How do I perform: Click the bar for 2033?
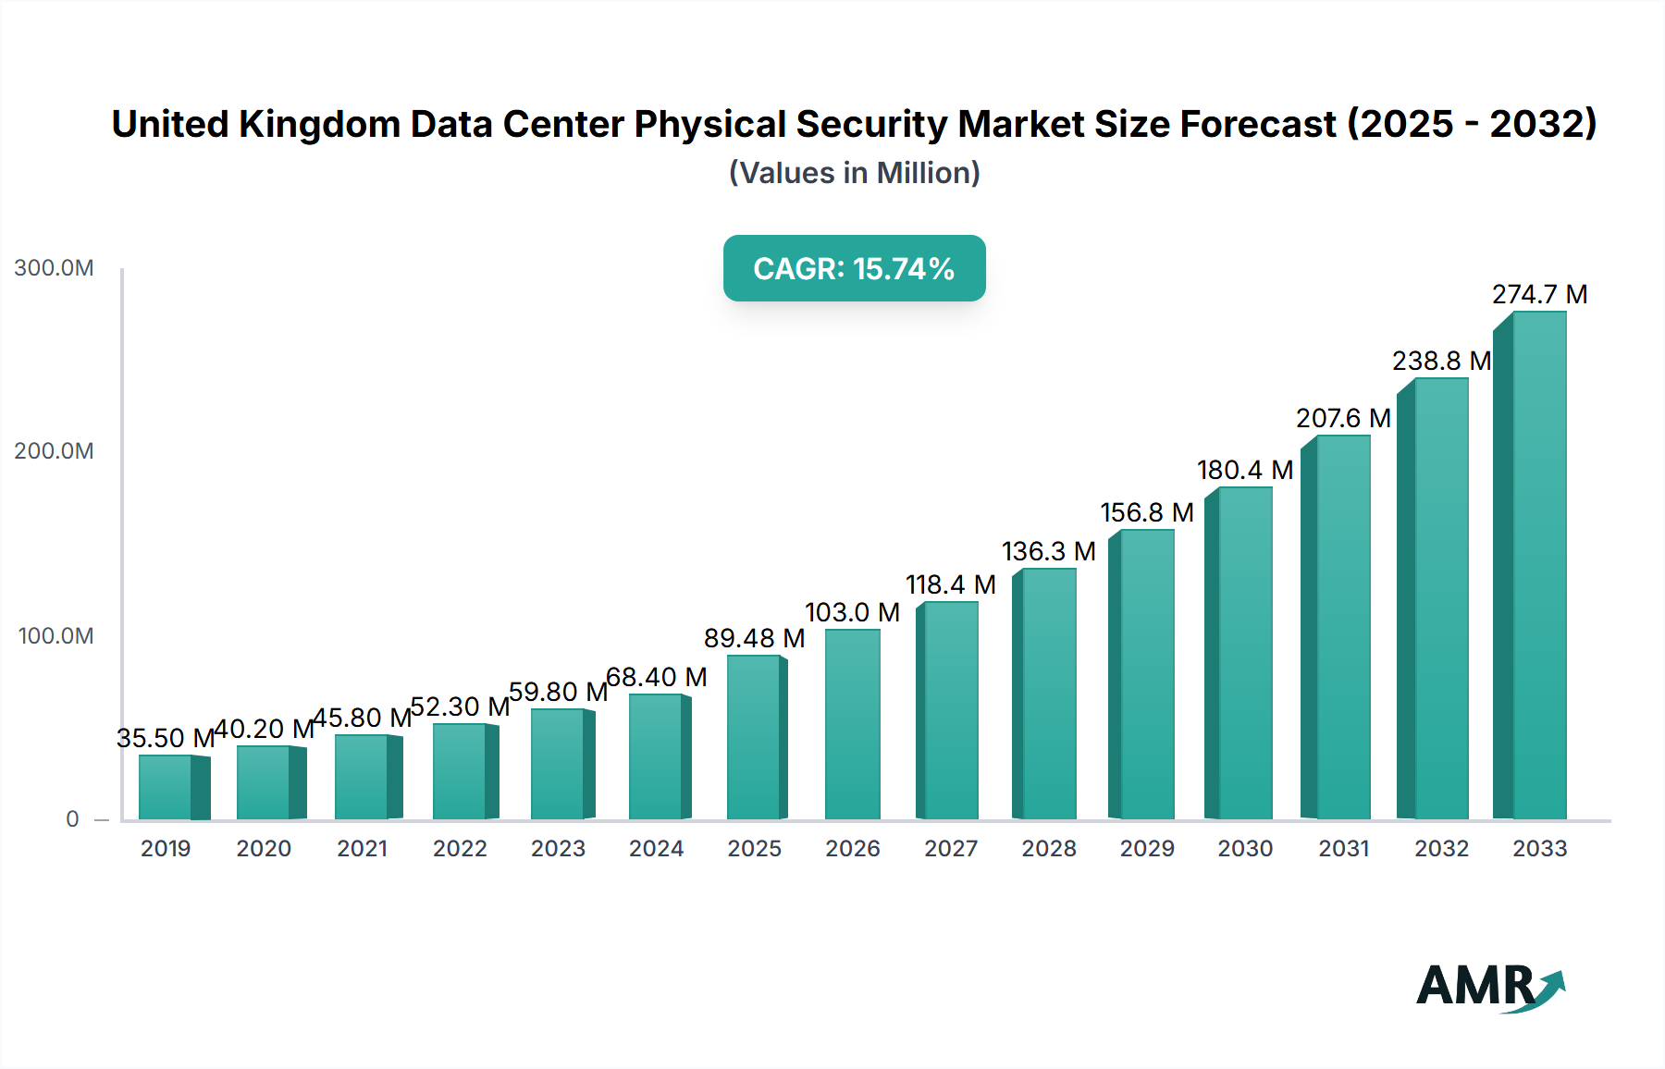coord(1538,566)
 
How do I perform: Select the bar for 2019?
coord(166,787)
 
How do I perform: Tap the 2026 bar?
coord(852,724)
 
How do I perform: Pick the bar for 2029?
coord(1146,674)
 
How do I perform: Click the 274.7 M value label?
coord(1539,294)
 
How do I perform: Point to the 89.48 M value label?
coord(754,638)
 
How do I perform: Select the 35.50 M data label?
coord(166,738)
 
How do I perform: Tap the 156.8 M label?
coord(1146,512)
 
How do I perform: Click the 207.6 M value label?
coord(1343,418)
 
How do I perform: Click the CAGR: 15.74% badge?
coord(854,268)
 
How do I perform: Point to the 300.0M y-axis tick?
coord(54,268)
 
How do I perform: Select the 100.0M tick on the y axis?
coord(55,636)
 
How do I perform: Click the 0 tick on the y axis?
coord(72,819)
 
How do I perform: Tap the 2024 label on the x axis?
coord(656,848)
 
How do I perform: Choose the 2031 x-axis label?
coord(1343,848)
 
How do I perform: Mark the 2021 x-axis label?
coord(362,848)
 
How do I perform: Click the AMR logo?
coord(1489,986)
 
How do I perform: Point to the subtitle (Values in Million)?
coord(854,173)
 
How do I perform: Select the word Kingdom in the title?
coord(319,124)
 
